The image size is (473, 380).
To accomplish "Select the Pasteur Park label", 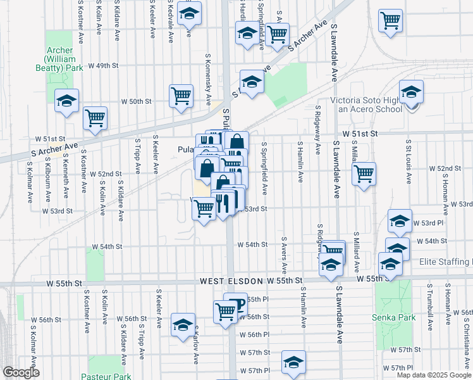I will click(x=106, y=376).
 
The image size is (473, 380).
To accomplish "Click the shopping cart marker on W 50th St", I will click(x=181, y=96).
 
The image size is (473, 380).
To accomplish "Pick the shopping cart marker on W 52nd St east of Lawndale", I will click(x=364, y=174).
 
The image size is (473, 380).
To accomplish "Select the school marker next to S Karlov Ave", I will click(x=183, y=324).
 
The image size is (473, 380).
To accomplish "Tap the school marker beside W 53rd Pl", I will click(x=400, y=221).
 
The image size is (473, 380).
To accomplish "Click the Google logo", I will click(x=21, y=372).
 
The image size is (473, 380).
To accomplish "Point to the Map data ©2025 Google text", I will click(x=434, y=375).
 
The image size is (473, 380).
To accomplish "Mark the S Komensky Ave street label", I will click(x=208, y=79).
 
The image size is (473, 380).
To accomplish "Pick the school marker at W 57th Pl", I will click(x=293, y=362).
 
